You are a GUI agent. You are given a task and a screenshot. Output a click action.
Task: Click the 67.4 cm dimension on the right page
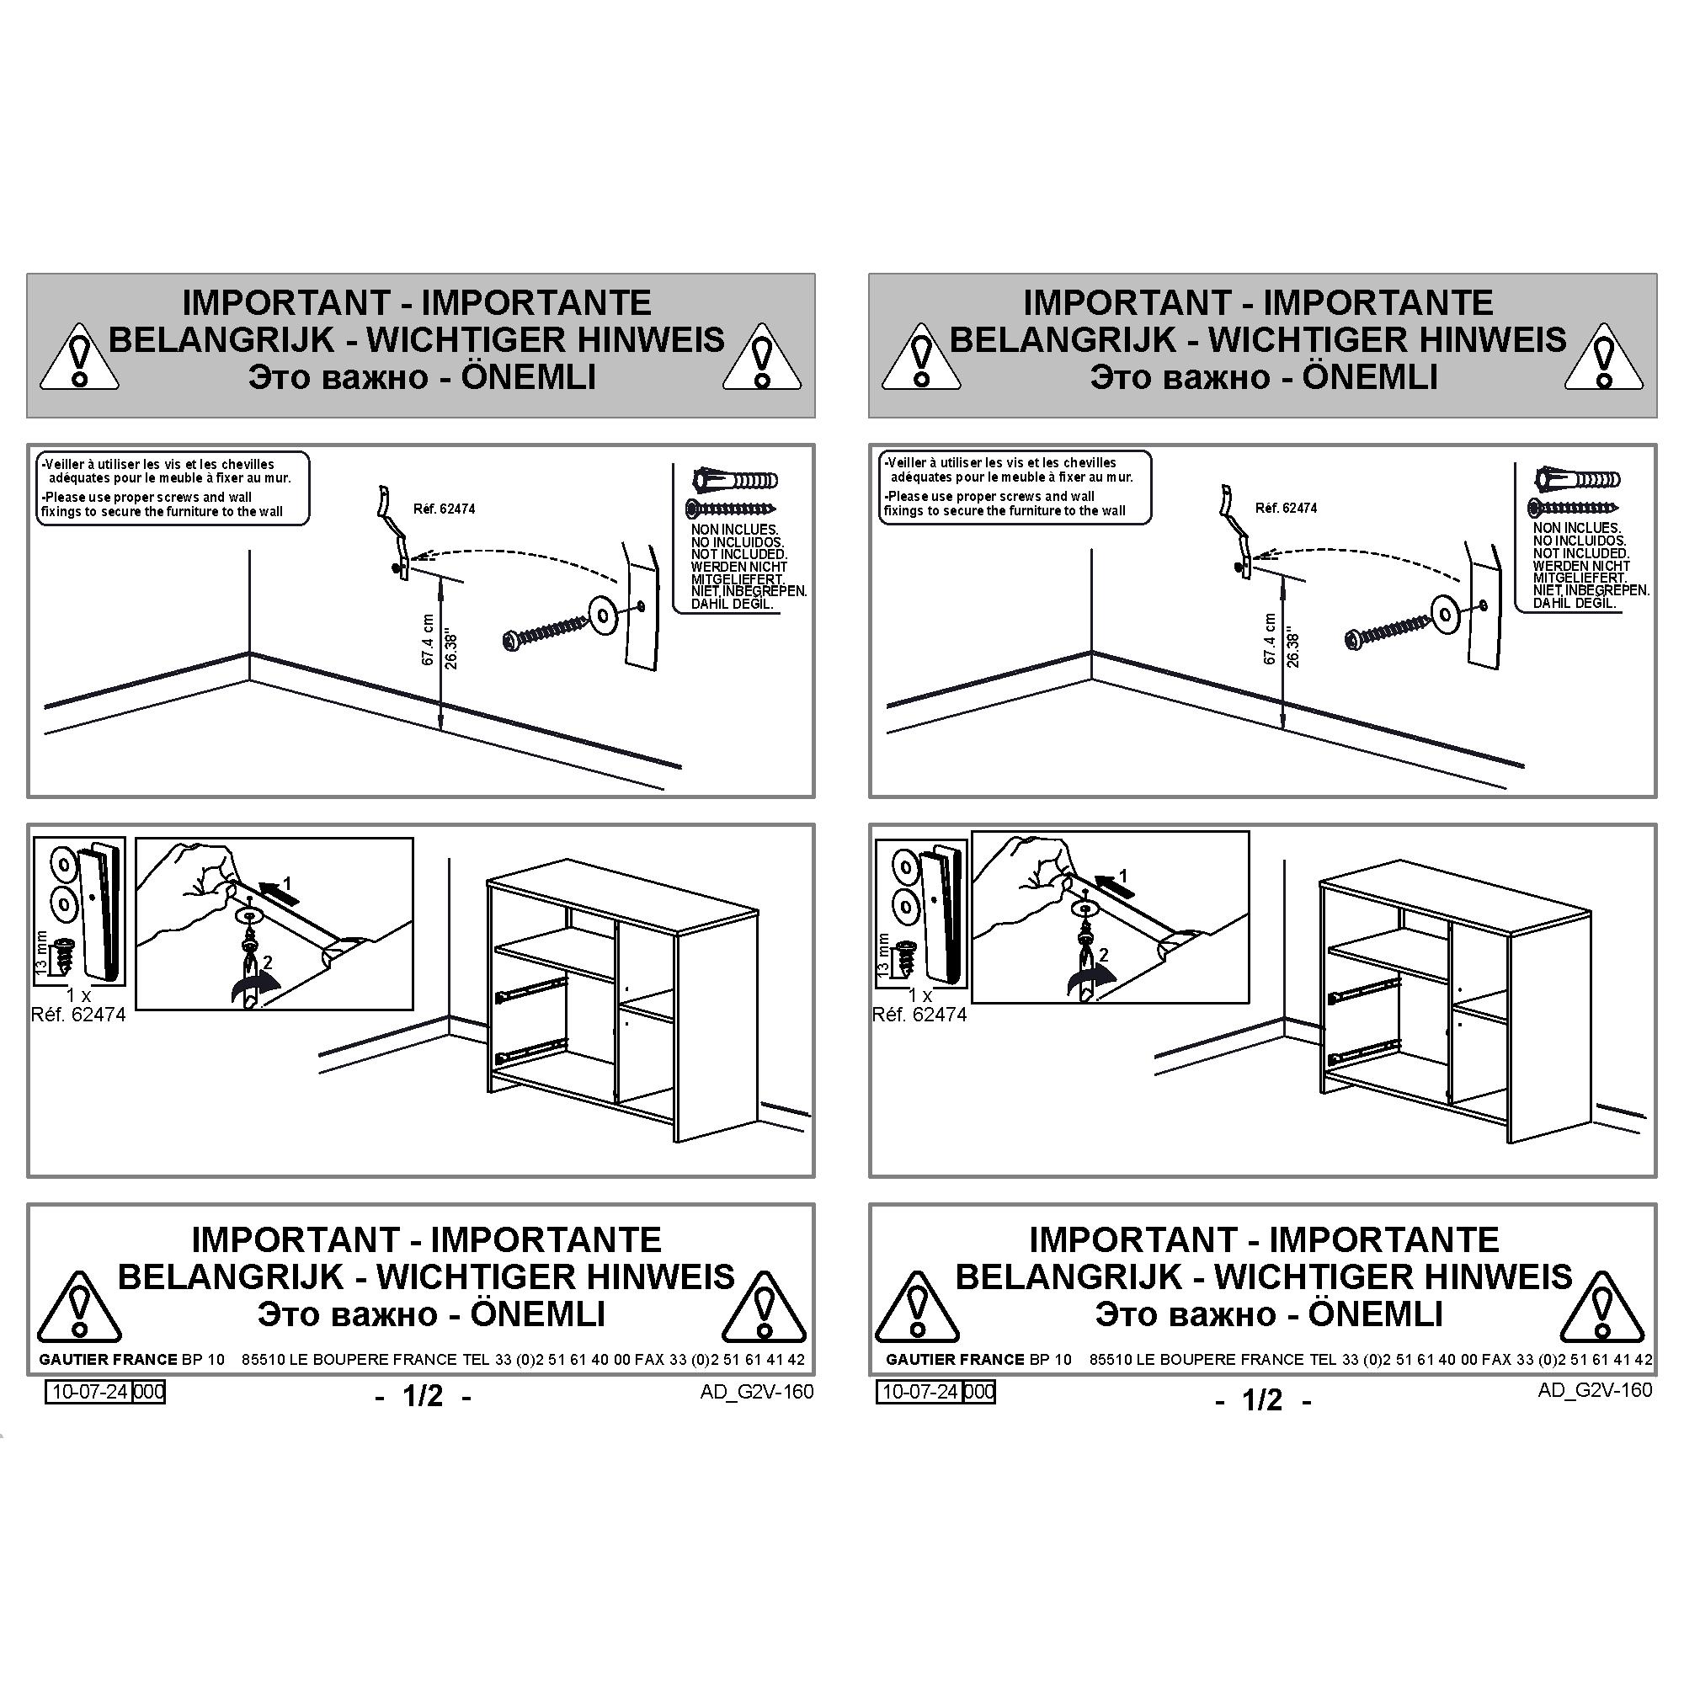click(x=1269, y=639)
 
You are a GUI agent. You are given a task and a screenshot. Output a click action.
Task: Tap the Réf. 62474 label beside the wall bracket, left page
click(x=445, y=509)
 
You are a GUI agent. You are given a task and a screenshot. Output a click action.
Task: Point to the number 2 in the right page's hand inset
click(x=1104, y=955)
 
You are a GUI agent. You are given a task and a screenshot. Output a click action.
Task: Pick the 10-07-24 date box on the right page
click(x=919, y=1392)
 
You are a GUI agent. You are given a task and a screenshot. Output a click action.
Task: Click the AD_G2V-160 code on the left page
click(x=757, y=1392)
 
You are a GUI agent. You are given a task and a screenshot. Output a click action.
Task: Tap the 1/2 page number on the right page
click(x=1262, y=1400)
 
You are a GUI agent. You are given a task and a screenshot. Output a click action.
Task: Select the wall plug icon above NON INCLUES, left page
click(x=735, y=480)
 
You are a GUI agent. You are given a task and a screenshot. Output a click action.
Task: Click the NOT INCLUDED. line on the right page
click(x=1580, y=553)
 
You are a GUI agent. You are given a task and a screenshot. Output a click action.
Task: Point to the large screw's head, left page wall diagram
click(x=512, y=642)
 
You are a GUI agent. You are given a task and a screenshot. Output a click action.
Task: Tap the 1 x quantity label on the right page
click(x=919, y=995)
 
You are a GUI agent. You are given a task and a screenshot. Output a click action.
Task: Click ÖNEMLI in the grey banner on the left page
click(x=528, y=377)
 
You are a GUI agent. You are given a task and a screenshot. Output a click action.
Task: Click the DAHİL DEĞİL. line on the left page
click(x=733, y=604)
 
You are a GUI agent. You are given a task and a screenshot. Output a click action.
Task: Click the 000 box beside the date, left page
click(x=149, y=1392)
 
